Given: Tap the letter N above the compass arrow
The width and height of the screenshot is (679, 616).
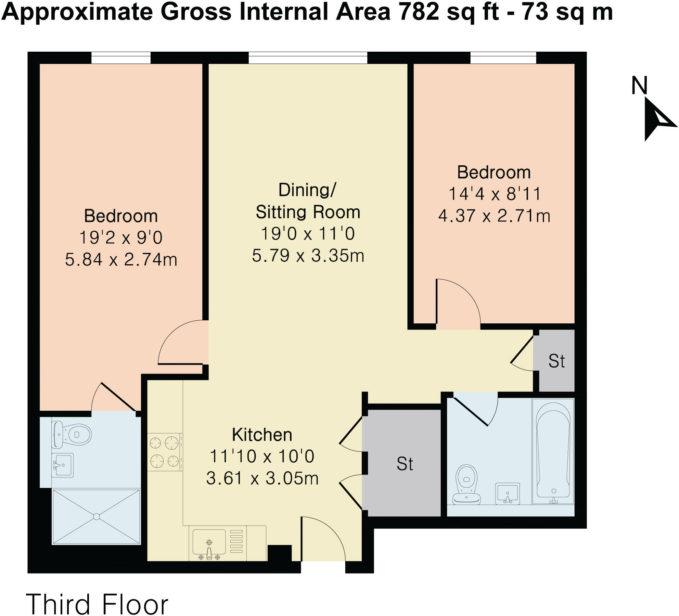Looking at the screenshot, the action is click(x=639, y=86).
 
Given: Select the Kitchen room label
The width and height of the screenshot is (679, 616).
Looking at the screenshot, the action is click(x=262, y=435).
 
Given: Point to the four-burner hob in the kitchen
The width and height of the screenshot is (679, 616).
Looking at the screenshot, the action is click(x=165, y=452).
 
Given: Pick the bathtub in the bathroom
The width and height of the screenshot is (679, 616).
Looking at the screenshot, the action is click(x=553, y=451).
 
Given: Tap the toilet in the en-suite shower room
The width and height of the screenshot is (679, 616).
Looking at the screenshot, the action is click(x=72, y=434).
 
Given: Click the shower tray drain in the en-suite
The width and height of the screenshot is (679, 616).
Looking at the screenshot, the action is click(x=97, y=516).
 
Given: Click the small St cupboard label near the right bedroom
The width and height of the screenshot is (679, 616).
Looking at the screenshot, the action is click(x=556, y=361).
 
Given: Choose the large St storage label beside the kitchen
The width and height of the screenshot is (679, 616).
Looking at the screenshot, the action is click(x=405, y=464).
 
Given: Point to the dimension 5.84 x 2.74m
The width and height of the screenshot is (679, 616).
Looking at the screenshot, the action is click(x=121, y=259).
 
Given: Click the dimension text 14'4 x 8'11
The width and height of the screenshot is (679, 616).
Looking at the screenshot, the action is click(x=494, y=194).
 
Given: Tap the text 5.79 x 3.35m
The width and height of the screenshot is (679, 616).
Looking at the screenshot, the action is click(x=308, y=255).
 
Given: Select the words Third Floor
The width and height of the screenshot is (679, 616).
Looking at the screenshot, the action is click(x=97, y=605).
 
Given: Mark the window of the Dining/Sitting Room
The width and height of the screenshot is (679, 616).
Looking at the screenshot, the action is click(x=308, y=58).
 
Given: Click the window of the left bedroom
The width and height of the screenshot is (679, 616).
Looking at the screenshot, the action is click(x=121, y=58).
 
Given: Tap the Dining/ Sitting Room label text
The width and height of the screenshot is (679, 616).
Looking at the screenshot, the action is click(x=308, y=201).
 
